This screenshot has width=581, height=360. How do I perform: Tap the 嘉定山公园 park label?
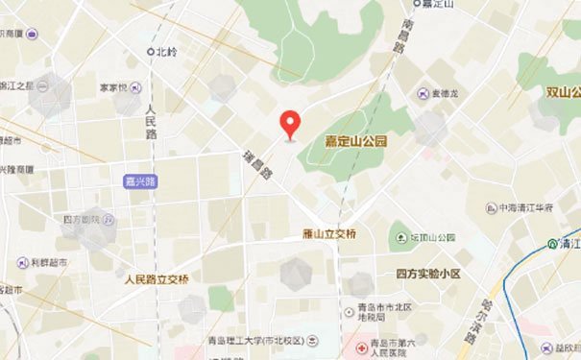tap(355, 141)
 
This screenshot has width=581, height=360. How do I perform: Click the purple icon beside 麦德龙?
tap(424, 93)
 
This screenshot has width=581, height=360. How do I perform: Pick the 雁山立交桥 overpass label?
tap(327, 234)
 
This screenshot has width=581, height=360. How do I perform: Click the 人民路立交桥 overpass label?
tap(157, 279)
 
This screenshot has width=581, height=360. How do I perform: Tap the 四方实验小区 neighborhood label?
tap(428, 274)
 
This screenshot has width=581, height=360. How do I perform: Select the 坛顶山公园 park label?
tap(433, 237)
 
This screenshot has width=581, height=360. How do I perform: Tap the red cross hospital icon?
tap(361, 345)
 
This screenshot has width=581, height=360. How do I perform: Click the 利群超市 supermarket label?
tap(48, 261)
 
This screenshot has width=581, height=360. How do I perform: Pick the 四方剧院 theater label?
tap(82, 220)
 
